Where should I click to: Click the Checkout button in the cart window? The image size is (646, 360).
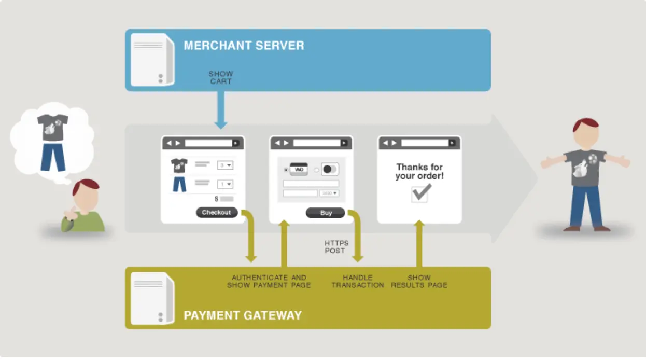[x=217, y=212]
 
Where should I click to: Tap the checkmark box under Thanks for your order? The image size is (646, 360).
[x=419, y=194]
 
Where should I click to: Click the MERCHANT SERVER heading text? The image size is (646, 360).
[x=244, y=46]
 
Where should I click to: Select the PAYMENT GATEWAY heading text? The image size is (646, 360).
[x=243, y=315]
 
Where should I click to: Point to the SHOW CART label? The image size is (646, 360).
[x=221, y=78]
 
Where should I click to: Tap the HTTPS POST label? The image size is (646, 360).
[x=336, y=247]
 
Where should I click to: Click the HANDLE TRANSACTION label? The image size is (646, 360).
[x=358, y=282]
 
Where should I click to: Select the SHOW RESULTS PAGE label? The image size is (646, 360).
[x=419, y=282]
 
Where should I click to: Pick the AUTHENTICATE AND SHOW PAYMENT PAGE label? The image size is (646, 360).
[x=269, y=282]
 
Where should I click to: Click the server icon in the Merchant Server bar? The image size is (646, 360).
[x=152, y=60]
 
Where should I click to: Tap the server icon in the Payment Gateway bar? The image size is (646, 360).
[x=152, y=299]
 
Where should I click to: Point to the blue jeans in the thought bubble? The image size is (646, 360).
[x=53, y=157]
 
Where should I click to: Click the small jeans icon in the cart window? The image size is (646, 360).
[x=179, y=184]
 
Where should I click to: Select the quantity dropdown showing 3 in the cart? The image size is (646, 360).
[x=225, y=165]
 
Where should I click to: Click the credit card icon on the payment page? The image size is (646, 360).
[x=299, y=169]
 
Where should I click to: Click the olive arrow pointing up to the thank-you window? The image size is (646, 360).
[x=419, y=243]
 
